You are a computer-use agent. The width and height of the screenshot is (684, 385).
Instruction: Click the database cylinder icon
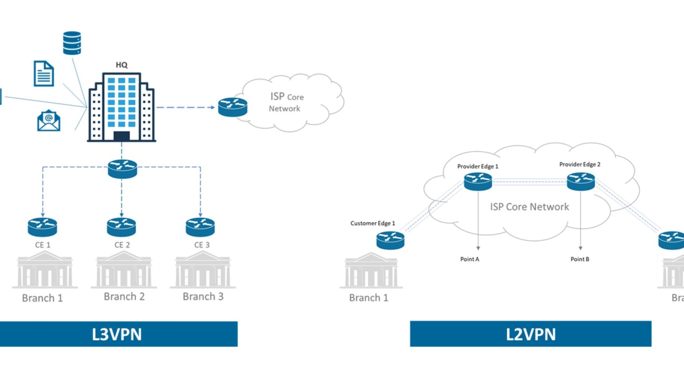coord(72,43)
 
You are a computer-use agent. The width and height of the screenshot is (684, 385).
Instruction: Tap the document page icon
coord(44,73)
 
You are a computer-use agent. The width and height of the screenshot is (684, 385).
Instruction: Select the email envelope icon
coord(49,120)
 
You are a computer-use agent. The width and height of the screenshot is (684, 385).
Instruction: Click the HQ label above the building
coord(122,65)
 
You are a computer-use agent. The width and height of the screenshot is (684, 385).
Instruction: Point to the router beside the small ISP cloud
coord(233,107)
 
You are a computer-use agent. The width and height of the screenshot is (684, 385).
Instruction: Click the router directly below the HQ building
coord(122,169)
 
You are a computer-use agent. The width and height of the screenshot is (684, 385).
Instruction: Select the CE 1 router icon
coord(42,227)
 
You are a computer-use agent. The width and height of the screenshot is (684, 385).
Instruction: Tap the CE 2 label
coord(122,245)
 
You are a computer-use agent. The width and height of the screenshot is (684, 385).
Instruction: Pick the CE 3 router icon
coord(200,227)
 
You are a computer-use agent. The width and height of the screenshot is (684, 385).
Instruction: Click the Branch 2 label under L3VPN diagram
coord(124,296)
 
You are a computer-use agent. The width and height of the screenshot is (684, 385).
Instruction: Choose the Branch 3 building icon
coord(203,270)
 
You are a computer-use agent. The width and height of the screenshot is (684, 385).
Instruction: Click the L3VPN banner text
coord(117,334)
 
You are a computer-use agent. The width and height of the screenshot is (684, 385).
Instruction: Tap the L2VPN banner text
coord(531,334)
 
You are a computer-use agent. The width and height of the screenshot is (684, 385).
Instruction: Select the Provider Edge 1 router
coord(478,181)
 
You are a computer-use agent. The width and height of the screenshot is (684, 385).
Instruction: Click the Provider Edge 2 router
coord(581,181)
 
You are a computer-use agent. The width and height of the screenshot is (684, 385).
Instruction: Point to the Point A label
coord(470,259)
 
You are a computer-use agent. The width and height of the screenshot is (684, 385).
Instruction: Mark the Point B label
coord(580,259)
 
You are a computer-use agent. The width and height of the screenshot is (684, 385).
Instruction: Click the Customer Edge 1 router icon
coord(390,240)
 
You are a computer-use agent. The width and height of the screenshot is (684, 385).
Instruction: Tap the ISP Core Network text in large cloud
coord(529,207)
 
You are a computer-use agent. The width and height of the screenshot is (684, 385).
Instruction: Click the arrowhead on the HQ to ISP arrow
coord(212,107)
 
